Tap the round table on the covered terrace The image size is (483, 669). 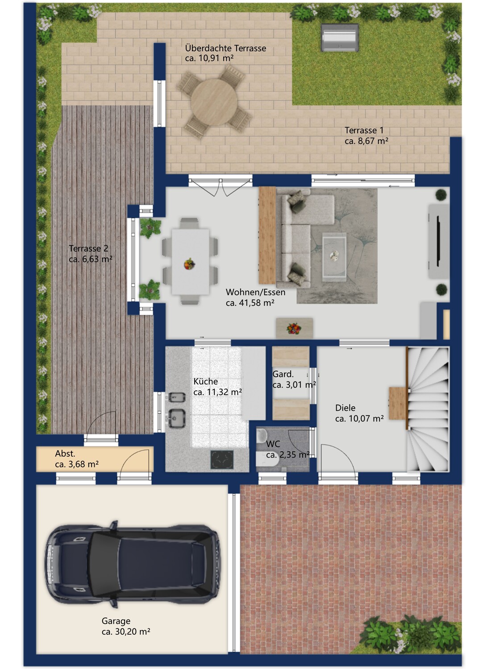(214, 102)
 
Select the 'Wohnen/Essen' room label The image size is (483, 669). (255, 292)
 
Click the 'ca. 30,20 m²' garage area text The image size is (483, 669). (126, 632)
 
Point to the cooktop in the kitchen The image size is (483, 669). (222, 459)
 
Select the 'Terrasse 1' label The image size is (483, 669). (364, 130)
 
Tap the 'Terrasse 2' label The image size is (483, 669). (88, 248)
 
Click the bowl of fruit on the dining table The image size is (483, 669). (189, 264)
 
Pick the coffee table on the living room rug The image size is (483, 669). (334, 257)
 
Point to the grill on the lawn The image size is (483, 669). (340, 38)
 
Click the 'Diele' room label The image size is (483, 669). (345, 408)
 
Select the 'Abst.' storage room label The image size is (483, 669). (65, 454)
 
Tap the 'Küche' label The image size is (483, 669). (206, 381)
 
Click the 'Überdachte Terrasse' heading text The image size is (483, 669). (225, 48)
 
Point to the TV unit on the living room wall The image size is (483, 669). (439, 241)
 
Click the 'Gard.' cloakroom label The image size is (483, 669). (283, 374)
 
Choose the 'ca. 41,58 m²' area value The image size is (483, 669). (250, 303)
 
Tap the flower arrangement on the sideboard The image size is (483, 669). (294, 328)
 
